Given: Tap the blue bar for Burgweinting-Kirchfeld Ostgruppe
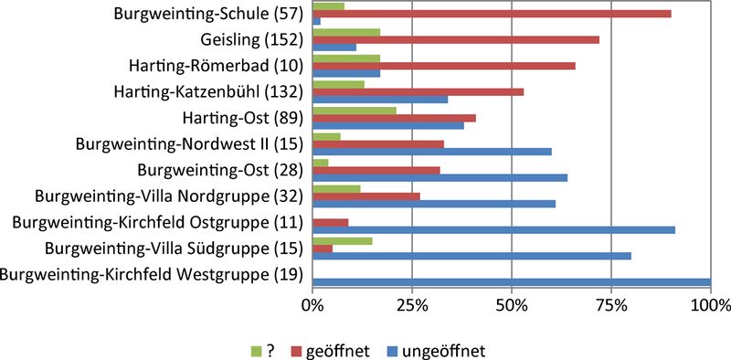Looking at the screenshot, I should click(x=493, y=230).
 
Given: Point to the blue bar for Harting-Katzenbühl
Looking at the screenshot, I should click(x=380, y=100).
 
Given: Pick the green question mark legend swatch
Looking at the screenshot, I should click(x=256, y=349).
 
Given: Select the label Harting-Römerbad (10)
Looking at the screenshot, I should click(x=216, y=66).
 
